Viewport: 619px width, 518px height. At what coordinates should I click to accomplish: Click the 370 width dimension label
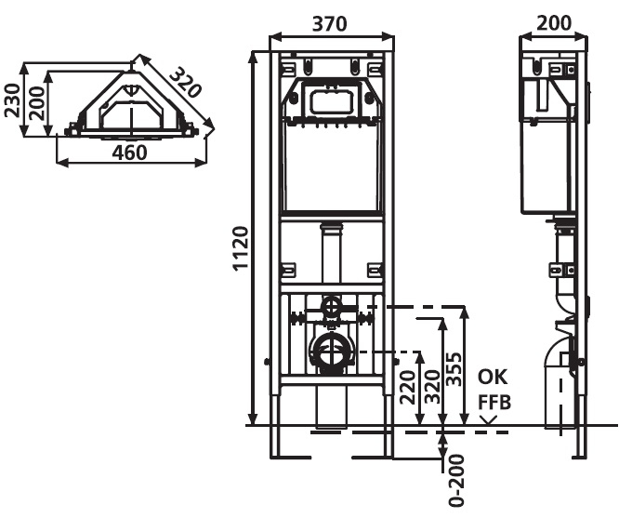pos(330,23)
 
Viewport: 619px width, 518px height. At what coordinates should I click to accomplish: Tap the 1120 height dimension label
pos(241,248)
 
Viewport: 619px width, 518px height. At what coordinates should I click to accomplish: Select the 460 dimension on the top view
pos(129,153)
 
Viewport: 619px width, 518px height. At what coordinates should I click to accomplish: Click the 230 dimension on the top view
pos(12,100)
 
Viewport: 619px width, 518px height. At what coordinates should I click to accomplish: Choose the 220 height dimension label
pos(408,387)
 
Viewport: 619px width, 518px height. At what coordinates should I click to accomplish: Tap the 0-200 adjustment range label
pos(456,481)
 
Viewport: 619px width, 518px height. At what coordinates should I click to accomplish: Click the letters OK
pos(493,378)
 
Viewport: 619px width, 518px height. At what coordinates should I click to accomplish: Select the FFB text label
pos(494,403)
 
